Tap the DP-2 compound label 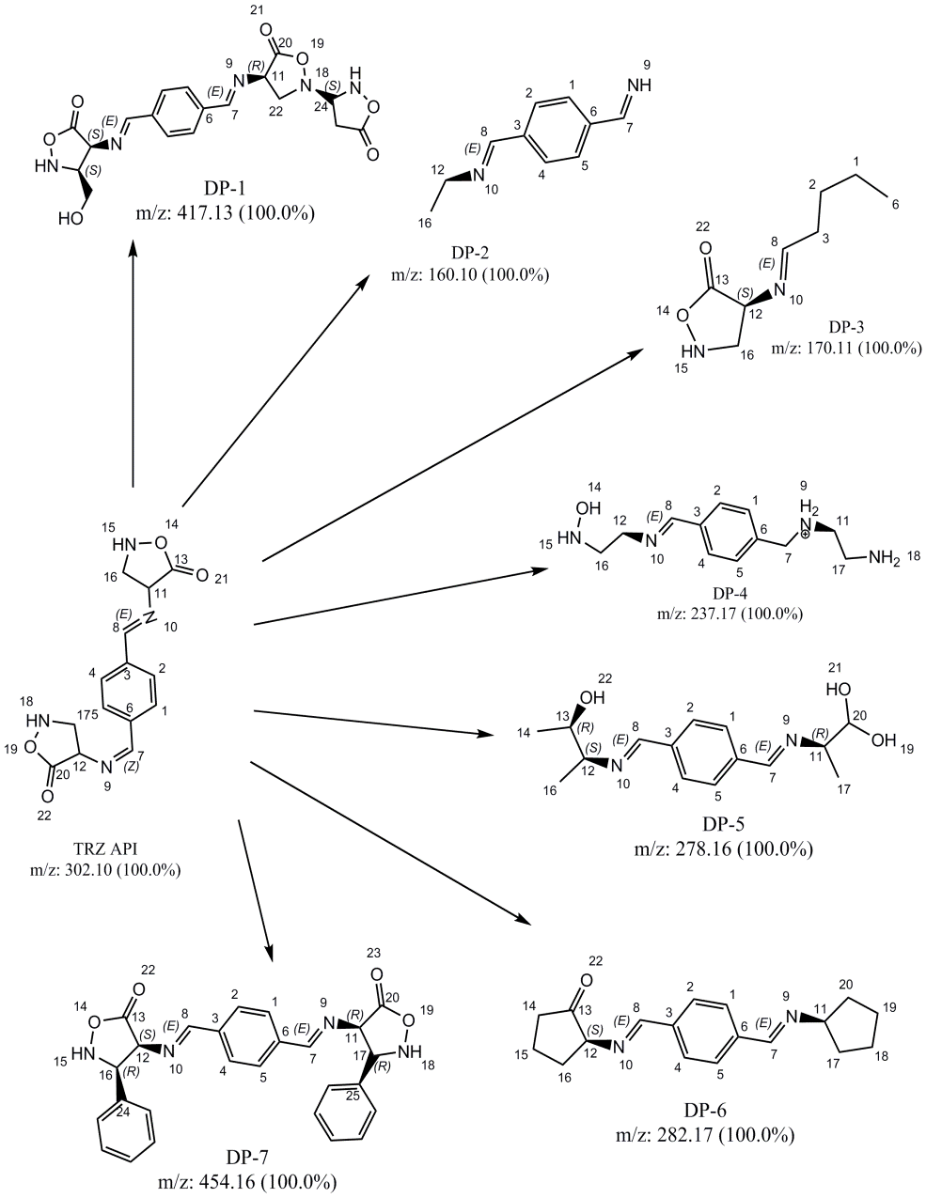point(470,253)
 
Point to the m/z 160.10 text point(470,274)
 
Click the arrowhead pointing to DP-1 point(133,246)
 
